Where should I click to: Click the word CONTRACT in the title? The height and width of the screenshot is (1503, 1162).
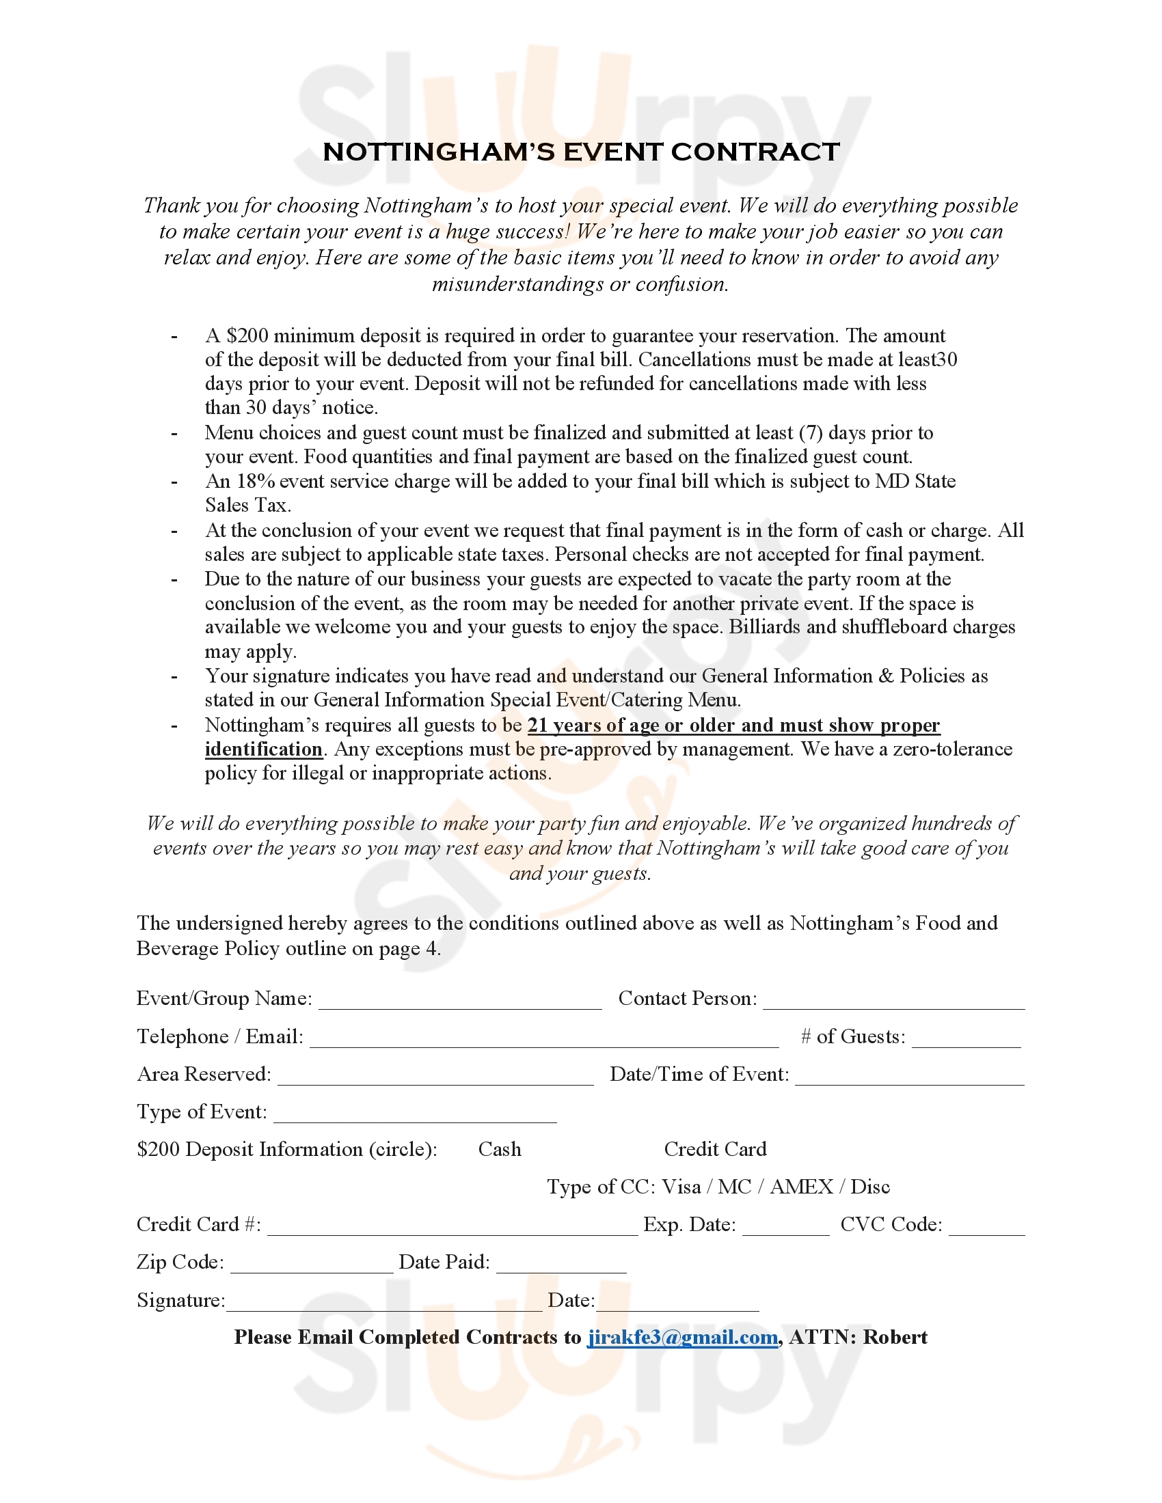pos(755,152)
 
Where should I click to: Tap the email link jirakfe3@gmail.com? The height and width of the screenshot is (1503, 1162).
pos(682,1337)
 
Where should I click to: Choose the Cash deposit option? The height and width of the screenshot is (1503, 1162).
pos(500,1149)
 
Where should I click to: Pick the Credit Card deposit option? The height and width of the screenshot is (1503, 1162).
pos(715,1149)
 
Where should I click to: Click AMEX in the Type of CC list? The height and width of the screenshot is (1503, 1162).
pos(801,1187)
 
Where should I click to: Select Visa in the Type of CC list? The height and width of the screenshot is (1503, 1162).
pos(681,1187)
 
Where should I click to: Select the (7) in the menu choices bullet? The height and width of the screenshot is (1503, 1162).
pos(810,433)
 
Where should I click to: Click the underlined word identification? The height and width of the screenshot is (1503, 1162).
pos(264,749)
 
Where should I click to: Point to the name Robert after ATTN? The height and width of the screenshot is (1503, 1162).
pos(895,1337)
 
